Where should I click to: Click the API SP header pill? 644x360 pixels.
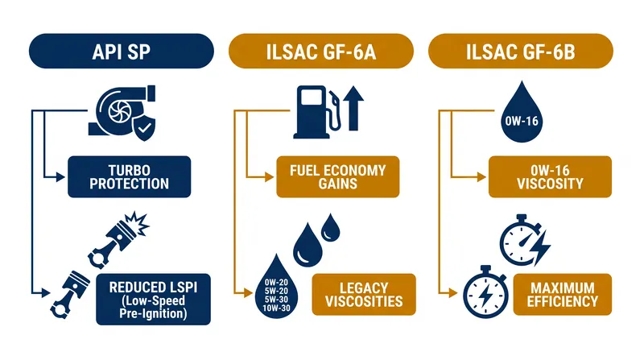122,51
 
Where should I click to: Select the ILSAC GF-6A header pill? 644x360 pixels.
320,51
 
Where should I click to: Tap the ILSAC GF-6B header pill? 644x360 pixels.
520,51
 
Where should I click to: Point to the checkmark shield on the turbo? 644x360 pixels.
144,127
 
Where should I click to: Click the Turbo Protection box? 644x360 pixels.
130,176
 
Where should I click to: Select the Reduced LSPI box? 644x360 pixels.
153,299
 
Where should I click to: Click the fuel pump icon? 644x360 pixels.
317,112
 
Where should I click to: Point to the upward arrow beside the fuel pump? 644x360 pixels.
353,109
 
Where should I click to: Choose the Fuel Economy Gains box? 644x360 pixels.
337,176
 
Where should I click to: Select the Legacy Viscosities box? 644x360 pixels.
364,294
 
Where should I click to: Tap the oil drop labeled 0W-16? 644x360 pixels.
522,113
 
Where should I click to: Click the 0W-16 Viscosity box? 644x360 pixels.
550,176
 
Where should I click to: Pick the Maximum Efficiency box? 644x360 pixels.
562,294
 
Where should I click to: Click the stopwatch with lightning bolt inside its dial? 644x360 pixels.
485,292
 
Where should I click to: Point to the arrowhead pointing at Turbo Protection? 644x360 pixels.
61,177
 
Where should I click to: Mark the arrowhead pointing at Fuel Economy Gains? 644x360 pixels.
270,177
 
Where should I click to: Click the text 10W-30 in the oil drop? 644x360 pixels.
276,308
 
